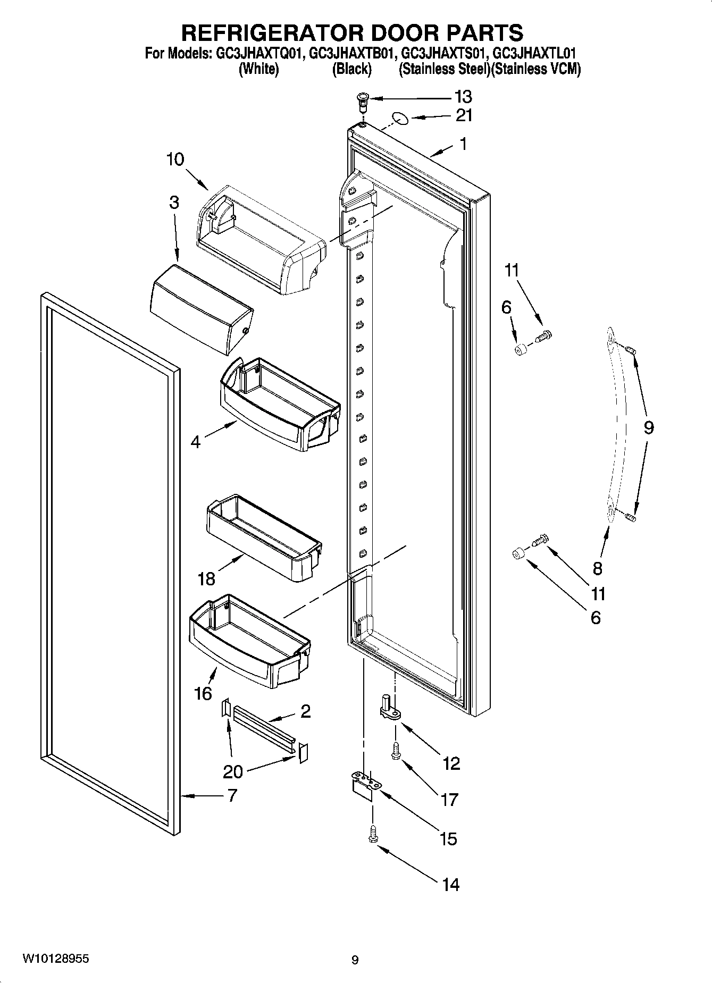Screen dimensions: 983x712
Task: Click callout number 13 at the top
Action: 463,97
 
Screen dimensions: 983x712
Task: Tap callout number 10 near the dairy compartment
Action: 175,159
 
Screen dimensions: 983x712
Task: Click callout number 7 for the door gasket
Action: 232,796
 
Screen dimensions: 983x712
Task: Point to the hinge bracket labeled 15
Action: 365,785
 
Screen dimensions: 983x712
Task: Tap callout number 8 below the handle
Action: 597,568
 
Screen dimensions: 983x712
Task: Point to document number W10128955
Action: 55,959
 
